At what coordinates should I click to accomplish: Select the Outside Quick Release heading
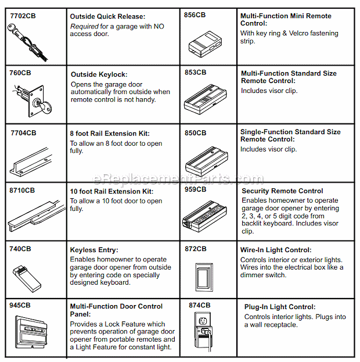pyautogui.click(x=108, y=16)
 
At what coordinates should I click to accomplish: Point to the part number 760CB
pyautogui.click(x=20, y=73)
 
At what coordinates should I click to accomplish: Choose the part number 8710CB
pyautogui.click(x=21, y=190)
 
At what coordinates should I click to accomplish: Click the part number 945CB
pyautogui.click(x=20, y=304)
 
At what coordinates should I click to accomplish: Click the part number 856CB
pyautogui.click(x=195, y=14)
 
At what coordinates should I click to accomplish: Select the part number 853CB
pyautogui.click(x=195, y=72)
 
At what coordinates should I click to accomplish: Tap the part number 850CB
pyautogui.click(x=195, y=133)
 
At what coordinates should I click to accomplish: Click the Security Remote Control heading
pyautogui.click(x=282, y=191)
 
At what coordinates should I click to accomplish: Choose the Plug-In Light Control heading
pyautogui.click(x=280, y=307)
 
